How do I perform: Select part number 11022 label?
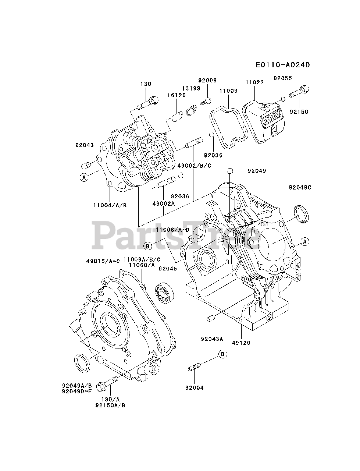[x=254, y=83]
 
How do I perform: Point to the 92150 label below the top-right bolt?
[x=299, y=111]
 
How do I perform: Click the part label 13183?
[x=191, y=88]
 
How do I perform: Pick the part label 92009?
[x=207, y=81]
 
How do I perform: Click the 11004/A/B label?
[x=110, y=205]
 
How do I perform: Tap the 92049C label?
[x=300, y=187]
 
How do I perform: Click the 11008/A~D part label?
[x=172, y=230]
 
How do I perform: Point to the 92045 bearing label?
[x=168, y=269]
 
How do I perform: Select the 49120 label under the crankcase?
[x=241, y=343]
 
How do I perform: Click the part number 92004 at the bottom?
[x=194, y=387]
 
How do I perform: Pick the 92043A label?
[x=212, y=339]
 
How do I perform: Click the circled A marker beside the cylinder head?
[x=84, y=177]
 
